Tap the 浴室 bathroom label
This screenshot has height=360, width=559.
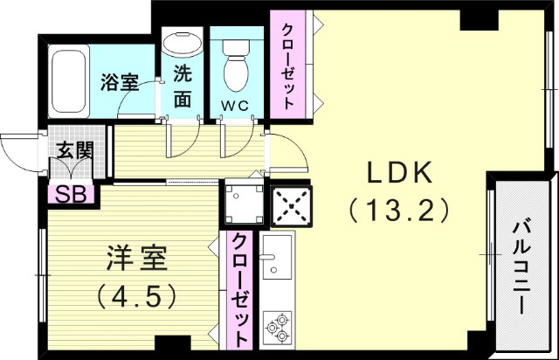[120, 84]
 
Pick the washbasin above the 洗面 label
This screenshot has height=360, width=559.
[182, 43]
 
